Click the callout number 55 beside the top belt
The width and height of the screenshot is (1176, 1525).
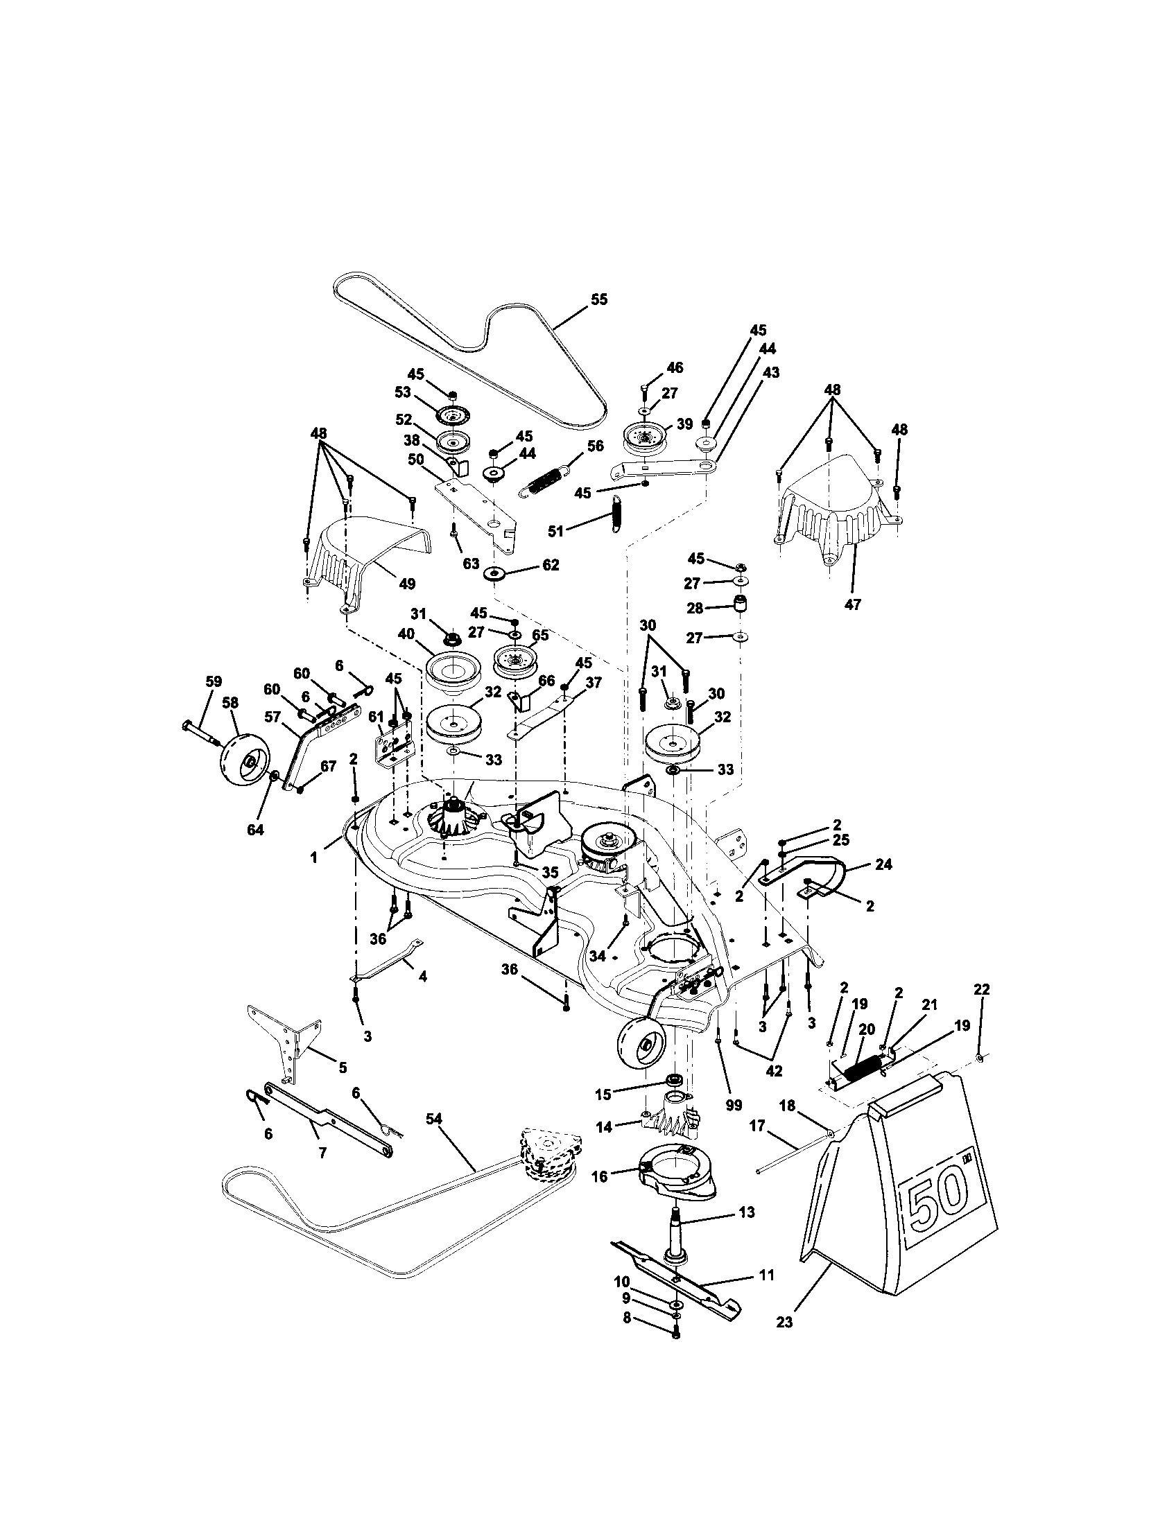pyautogui.click(x=598, y=299)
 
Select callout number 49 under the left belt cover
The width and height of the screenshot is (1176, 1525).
pyautogui.click(x=406, y=583)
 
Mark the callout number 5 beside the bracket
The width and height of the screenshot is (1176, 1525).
pyautogui.click(x=341, y=1067)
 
